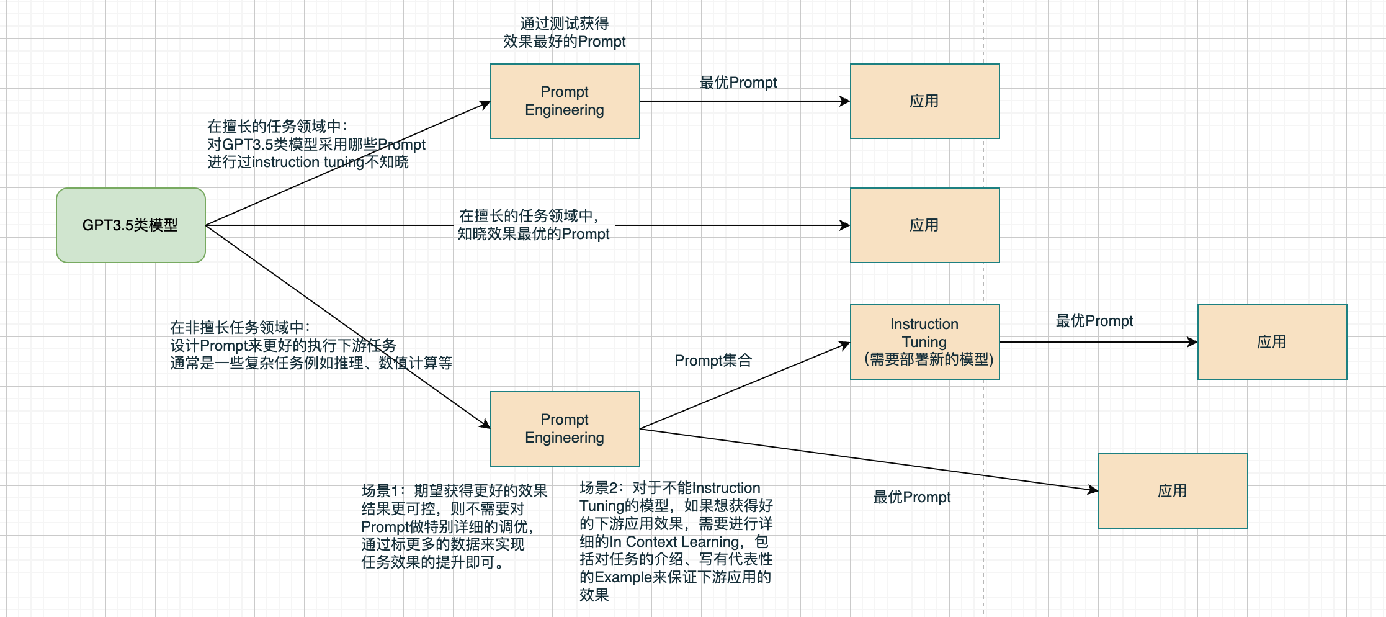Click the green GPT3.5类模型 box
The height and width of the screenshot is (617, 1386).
(x=130, y=225)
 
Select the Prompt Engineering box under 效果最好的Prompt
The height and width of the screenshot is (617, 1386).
(x=565, y=101)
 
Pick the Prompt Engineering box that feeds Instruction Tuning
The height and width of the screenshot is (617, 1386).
(x=565, y=428)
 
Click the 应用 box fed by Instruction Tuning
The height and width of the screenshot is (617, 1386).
(x=1272, y=342)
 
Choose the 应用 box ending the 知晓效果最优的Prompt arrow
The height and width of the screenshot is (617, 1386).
(x=924, y=225)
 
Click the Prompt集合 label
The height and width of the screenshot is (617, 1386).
(x=713, y=361)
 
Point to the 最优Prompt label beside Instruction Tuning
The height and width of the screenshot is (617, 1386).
(x=1094, y=321)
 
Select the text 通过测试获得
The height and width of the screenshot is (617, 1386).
(x=565, y=24)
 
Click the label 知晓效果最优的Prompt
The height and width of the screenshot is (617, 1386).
(x=534, y=234)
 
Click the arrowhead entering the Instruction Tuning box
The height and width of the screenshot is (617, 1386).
(x=845, y=345)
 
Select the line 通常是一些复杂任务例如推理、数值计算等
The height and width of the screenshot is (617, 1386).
(x=311, y=363)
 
